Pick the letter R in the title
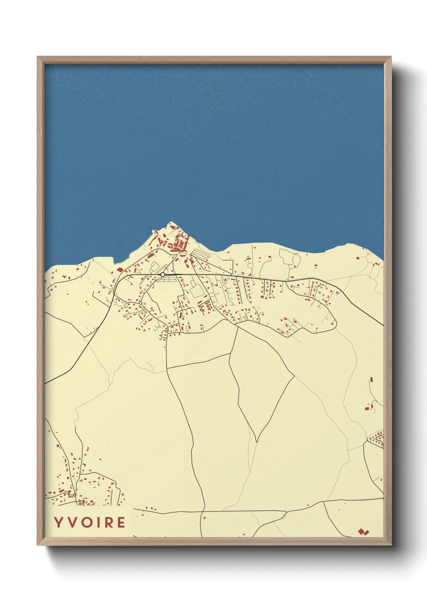[x=108, y=522]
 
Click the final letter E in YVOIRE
[x=121, y=522]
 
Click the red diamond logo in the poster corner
[x=363, y=532]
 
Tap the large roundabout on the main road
[x=162, y=275]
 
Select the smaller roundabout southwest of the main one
[x=140, y=303]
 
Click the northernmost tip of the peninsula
[x=171, y=222]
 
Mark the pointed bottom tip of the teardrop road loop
[x=257, y=441]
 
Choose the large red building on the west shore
[x=119, y=270]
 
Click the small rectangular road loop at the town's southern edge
[x=164, y=334]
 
